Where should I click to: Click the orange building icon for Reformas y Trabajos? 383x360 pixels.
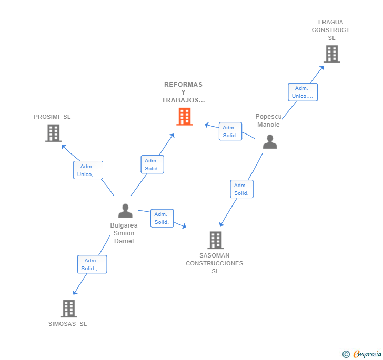point(184,117)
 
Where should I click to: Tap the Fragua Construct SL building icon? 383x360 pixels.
point(331,54)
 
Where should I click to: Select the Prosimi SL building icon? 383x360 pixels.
point(53,133)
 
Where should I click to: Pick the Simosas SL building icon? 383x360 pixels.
point(68,308)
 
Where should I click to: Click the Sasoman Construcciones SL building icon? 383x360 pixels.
point(215,240)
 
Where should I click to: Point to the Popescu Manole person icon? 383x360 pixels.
point(270,142)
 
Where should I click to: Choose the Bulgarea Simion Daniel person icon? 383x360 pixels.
point(125,211)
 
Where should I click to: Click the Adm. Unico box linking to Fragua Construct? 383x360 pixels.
point(303,92)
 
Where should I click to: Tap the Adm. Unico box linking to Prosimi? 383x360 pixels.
point(88,170)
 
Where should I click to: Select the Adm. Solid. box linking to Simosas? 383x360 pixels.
point(92,264)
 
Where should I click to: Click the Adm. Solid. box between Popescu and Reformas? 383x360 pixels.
point(230,131)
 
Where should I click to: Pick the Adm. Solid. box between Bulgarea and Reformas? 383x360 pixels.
point(152,164)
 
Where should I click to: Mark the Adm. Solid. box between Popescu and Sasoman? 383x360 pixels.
point(241,189)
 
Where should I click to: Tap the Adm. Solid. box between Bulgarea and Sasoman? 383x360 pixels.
point(162,218)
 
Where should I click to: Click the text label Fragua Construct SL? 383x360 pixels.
point(331,30)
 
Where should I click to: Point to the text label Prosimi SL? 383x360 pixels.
point(52,117)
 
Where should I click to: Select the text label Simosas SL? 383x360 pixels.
point(68,324)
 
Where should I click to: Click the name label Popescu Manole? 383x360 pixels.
point(268,120)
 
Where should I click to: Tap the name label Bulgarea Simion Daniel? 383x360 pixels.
point(124,233)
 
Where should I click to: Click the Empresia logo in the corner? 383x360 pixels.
point(362,354)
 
